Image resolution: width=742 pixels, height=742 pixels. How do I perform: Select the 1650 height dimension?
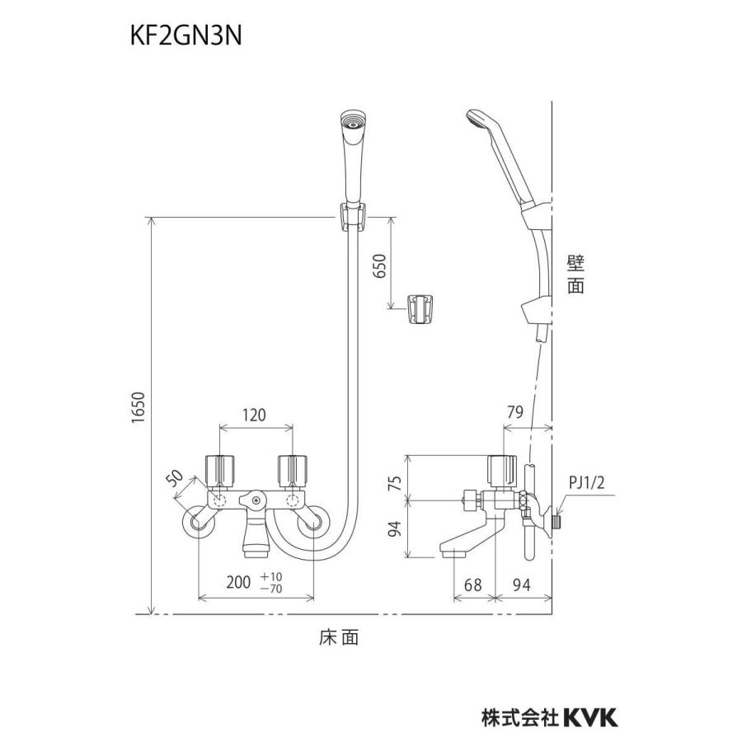(x=138, y=407)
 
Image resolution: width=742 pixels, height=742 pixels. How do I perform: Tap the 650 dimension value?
(x=380, y=266)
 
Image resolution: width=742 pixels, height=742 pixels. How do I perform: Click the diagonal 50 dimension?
(x=176, y=478)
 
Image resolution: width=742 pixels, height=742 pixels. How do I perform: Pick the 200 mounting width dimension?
(x=238, y=582)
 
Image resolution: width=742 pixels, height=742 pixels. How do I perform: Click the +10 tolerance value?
(x=271, y=577)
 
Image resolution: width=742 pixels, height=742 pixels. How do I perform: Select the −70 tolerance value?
(x=271, y=588)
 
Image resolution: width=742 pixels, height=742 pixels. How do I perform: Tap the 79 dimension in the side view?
(x=515, y=412)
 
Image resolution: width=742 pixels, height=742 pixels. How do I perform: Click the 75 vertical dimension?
(x=395, y=482)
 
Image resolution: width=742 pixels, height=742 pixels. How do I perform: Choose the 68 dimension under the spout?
(x=472, y=585)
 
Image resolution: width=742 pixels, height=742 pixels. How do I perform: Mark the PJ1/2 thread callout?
(x=587, y=483)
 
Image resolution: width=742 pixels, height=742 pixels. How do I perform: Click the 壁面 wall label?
(x=575, y=275)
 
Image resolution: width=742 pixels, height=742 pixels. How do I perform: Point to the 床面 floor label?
(x=338, y=637)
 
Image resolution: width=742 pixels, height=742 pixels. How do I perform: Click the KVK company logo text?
(x=590, y=718)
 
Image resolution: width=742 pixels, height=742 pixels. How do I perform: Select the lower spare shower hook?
(x=419, y=309)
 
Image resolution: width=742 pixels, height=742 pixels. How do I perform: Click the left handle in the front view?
(x=220, y=471)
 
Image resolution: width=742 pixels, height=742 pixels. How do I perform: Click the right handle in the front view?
(x=293, y=471)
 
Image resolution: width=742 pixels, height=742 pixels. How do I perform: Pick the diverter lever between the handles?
(x=254, y=500)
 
